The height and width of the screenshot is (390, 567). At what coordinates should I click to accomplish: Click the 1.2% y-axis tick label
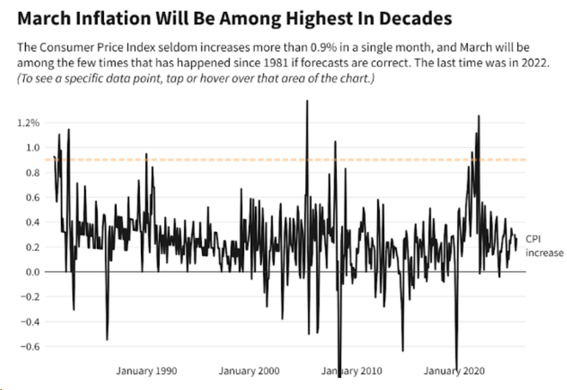(28, 123)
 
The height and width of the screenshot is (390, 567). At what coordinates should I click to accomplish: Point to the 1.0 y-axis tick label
(33, 148)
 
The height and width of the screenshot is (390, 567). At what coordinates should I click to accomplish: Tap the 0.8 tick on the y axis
(33, 173)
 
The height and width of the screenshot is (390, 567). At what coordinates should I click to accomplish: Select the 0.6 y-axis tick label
(33, 198)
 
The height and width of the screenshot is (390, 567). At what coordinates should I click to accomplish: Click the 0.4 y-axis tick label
(33, 222)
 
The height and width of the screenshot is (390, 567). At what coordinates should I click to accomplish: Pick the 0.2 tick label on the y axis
(33, 247)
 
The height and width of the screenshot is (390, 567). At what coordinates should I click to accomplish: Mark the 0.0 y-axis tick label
(33, 271)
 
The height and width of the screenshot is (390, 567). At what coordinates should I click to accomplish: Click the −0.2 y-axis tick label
(30, 296)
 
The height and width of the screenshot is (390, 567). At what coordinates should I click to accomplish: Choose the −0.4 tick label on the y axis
(30, 321)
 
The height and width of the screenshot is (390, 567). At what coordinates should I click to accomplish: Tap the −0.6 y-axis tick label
(30, 346)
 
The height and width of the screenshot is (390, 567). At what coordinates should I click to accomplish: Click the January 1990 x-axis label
(146, 371)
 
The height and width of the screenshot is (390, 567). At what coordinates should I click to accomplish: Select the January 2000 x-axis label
(249, 371)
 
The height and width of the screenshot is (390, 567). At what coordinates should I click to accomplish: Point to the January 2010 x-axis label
(351, 371)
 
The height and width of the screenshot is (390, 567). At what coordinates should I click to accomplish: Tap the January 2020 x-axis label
(454, 371)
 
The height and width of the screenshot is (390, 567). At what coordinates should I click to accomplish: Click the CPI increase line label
(544, 246)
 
